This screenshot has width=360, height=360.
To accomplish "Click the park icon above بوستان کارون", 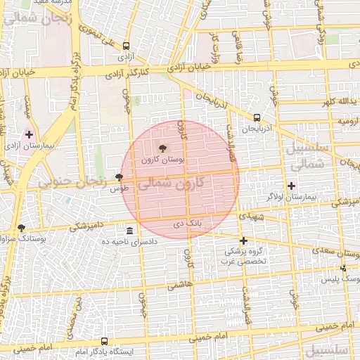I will [164, 148].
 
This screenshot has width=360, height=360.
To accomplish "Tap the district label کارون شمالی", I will [172, 184].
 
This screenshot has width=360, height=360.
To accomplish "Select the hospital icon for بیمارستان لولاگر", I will [291, 186].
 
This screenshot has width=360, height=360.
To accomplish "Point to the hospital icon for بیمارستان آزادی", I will [29, 134].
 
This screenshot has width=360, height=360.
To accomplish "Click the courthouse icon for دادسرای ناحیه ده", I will [129, 231].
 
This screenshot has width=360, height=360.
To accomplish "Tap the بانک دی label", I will [188, 223].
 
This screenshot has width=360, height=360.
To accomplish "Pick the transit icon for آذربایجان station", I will [257, 117].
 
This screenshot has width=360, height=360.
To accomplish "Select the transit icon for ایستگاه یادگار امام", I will [105, 341].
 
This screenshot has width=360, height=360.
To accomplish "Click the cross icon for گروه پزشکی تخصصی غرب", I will [243, 241].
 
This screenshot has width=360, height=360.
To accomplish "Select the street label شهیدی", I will [251, 217].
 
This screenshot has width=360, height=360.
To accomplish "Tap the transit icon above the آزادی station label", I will [125, 44].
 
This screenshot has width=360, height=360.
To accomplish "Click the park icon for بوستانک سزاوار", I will [21, 228].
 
